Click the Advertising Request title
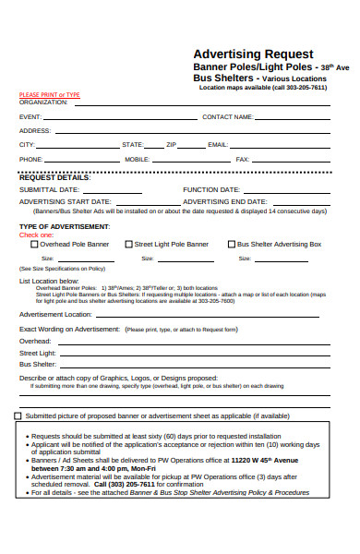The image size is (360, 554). pos(252,54)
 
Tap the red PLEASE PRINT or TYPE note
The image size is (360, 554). pos(49,95)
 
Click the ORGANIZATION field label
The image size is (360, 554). pos(43,102)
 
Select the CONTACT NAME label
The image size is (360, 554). pos(227,117)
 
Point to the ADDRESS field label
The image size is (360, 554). pos(35,131)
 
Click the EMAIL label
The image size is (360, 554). pos(217,145)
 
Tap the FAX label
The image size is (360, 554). pos(243,160)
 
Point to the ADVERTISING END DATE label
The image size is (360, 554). pos(225,201)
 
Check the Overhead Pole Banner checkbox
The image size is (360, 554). pos(35,245)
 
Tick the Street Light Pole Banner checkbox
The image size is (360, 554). pos(128,245)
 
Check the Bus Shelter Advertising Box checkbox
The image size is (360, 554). pos(232,245)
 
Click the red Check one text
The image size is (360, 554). pos(37,235)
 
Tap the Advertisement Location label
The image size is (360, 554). pos(55,314)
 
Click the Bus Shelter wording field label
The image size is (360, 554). pos(38,365)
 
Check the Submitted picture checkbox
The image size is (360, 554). pos(18,415)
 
